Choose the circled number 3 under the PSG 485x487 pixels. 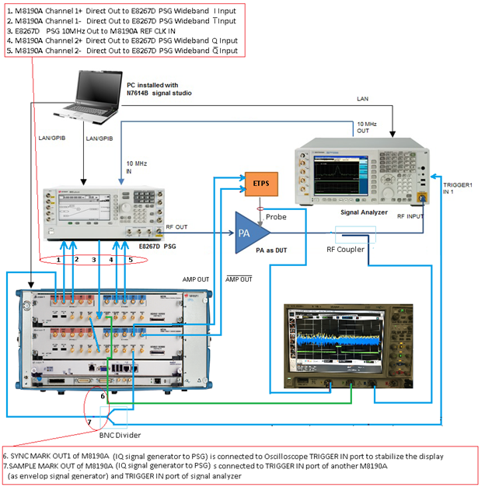(94, 258)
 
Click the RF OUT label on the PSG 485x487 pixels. (176, 226)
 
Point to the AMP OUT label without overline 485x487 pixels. (195, 277)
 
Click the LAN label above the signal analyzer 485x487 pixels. (363, 99)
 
